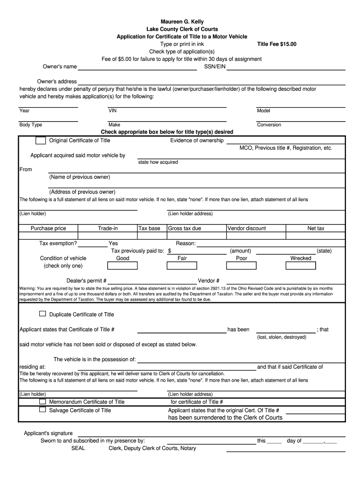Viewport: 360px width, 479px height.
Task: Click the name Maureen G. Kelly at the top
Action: (x=182, y=22)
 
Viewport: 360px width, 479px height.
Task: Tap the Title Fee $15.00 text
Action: (x=277, y=44)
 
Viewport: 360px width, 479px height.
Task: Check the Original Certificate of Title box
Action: (x=41, y=140)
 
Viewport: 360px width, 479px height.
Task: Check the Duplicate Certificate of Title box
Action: (x=43, y=314)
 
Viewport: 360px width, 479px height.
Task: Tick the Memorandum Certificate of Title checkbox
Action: (x=43, y=401)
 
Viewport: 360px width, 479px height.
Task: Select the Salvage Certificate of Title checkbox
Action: (x=43, y=410)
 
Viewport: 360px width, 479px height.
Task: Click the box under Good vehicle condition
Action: (x=122, y=266)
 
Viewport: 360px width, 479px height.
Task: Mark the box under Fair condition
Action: (x=182, y=266)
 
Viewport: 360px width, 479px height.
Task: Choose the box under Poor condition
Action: (x=241, y=266)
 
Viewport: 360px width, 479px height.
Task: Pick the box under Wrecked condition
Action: (x=301, y=266)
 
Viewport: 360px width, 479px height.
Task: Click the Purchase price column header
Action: (x=48, y=228)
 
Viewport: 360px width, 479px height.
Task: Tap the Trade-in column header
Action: (x=108, y=228)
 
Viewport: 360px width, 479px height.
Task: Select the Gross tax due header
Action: (x=184, y=228)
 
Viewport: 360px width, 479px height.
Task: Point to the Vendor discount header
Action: (x=246, y=228)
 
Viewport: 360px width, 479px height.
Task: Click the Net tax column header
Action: (x=316, y=228)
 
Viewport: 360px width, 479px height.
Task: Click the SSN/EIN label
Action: (x=215, y=66)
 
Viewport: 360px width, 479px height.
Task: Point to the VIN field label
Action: (x=113, y=111)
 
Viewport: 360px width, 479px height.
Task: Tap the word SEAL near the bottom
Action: (x=78, y=448)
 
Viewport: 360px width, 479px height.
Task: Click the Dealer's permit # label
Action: (x=86, y=281)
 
